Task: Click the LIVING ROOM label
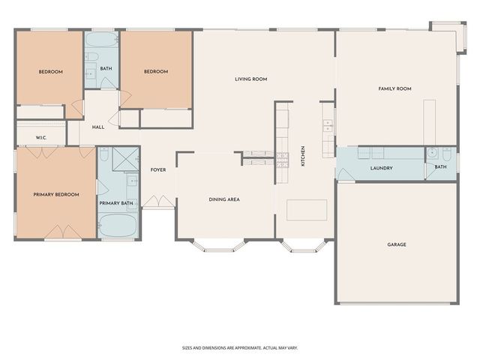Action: [x=250, y=79]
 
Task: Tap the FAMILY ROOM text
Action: [x=394, y=89]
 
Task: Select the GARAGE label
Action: [x=397, y=244]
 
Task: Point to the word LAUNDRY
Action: [x=382, y=168]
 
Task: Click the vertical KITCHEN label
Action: [x=303, y=155]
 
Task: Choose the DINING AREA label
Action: [x=224, y=199]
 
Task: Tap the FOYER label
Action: [x=157, y=169]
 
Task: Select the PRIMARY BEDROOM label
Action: [x=55, y=194]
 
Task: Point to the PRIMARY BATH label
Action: [x=116, y=203]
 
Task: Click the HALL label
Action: [x=98, y=127]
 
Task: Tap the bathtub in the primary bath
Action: [x=118, y=225]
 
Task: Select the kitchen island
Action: [x=307, y=209]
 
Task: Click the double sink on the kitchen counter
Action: [x=328, y=127]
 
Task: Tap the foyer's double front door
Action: [x=158, y=202]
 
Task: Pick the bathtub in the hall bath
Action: [x=101, y=40]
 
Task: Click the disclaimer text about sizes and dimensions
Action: [x=240, y=347]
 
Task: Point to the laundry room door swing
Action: [x=344, y=174]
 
